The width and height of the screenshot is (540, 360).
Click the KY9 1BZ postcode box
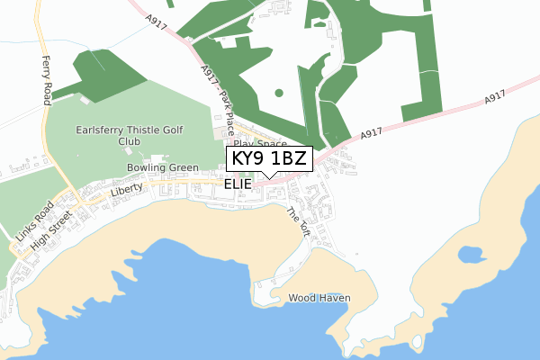click(269, 158)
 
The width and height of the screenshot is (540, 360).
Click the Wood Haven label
click(319, 297)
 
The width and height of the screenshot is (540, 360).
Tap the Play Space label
click(259, 143)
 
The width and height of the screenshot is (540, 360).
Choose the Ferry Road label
click(46, 80)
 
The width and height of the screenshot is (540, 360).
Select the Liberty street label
click(127, 192)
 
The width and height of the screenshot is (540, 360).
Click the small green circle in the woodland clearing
click(278, 92)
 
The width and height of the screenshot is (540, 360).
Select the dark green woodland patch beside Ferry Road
click(94, 72)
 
